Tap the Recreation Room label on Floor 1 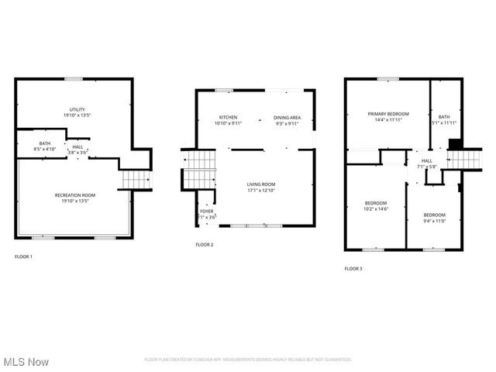point(75,195)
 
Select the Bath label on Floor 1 point(45,143)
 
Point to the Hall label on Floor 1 point(77,146)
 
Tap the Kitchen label point(228,118)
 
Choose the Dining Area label point(287,118)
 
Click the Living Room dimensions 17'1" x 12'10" point(261,189)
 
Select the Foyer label point(206,211)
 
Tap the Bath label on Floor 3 point(443,117)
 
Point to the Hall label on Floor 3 point(427,161)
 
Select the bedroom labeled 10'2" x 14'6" point(376,205)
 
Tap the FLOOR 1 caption point(23,257)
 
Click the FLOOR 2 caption point(204,245)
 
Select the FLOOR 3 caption point(353,268)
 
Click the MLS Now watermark point(26,362)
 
